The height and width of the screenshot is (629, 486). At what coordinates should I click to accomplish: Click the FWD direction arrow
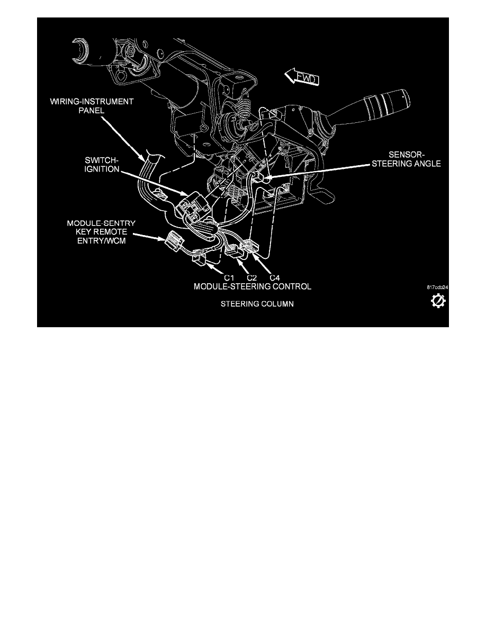[x=302, y=77]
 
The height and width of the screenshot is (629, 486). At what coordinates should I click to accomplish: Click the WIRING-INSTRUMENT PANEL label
[x=92, y=106]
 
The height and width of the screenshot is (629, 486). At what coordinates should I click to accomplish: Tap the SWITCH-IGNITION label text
[x=102, y=165]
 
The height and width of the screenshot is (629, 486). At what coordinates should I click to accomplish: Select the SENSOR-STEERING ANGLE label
[x=406, y=159]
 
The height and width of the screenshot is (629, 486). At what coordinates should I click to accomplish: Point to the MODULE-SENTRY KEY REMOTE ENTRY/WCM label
[x=101, y=232]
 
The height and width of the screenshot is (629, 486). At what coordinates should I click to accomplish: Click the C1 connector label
[x=229, y=277]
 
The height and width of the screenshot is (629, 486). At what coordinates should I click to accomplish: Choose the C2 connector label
[x=252, y=277]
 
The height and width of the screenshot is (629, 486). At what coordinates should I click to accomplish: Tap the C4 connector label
[x=275, y=277]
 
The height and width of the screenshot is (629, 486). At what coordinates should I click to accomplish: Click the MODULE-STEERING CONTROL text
[x=252, y=286]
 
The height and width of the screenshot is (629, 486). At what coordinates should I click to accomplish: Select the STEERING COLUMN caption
[x=257, y=304]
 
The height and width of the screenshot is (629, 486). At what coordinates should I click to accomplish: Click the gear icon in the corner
[x=438, y=301]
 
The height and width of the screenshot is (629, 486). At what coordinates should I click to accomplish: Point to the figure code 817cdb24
[x=437, y=287]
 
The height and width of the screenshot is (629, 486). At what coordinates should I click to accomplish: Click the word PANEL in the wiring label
[x=92, y=110]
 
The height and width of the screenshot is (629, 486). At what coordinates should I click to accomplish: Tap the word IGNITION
[x=102, y=169]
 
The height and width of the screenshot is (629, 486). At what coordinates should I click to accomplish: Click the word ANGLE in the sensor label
[x=427, y=164]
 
